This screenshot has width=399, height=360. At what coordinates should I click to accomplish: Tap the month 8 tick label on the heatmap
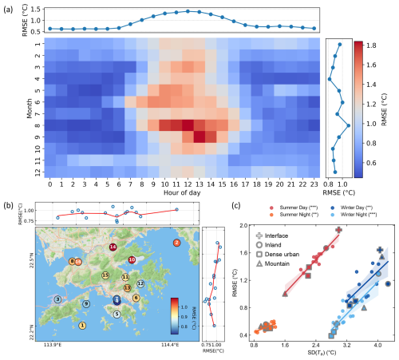click(x=38, y=125)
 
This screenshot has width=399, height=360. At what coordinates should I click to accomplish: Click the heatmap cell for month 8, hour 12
click(x=188, y=125)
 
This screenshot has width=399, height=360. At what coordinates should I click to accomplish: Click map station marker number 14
click(x=113, y=247)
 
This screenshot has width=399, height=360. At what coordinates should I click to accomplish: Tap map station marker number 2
click(x=176, y=242)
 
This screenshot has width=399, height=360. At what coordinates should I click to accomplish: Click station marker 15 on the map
click(x=105, y=275)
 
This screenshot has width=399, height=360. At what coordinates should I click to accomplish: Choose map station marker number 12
click(x=140, y=283)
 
